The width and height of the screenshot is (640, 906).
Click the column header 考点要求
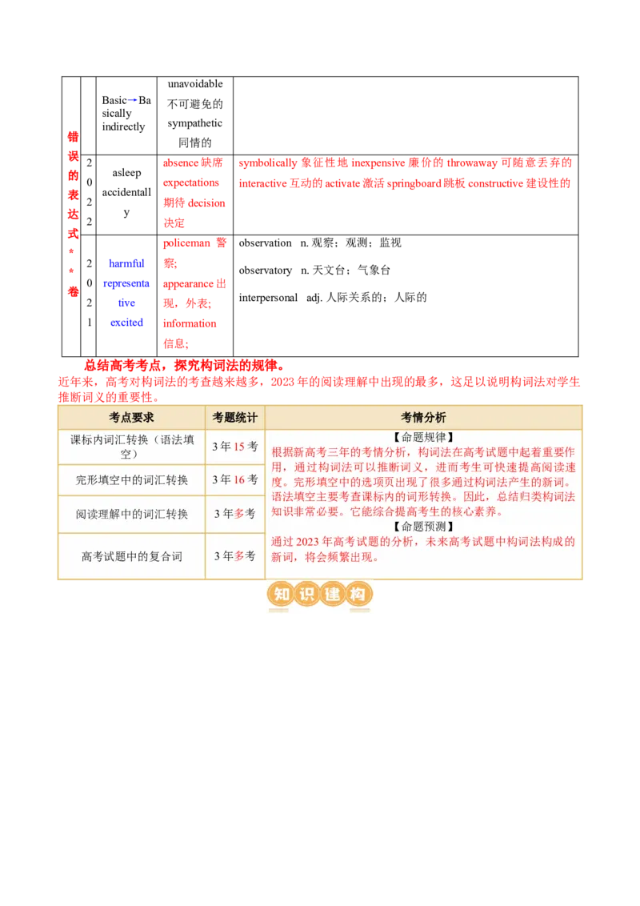tap(131, 418)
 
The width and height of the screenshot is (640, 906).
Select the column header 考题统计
tap(235, 418)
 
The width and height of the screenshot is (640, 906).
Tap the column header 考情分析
tap(423, 418)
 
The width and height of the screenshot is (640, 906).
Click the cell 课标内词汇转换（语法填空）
tap(131, 446)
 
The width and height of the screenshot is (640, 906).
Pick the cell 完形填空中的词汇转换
tap(131, 479)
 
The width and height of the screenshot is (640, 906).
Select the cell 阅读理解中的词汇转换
tap(131, 514)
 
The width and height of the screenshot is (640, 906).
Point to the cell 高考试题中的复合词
tap(131, 555)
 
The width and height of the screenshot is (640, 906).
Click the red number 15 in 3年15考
tap(238, 447)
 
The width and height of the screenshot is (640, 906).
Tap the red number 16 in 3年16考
tap(238, 479)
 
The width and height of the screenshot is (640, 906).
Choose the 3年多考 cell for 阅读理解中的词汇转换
tap(235, 514)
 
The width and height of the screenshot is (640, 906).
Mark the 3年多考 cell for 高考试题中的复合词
tap(235, 555)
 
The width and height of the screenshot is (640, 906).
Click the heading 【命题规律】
tap(423, 437)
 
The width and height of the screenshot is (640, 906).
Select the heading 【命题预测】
tap(423, 527)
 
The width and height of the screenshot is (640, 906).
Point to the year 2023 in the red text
tap(309, 542)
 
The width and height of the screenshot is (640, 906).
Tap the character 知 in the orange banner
tap(281, 595)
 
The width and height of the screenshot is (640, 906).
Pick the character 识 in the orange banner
tap(306, 595)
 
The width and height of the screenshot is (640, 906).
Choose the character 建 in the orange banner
tap(333, 595)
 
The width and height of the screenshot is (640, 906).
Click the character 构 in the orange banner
tap(358, 595)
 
